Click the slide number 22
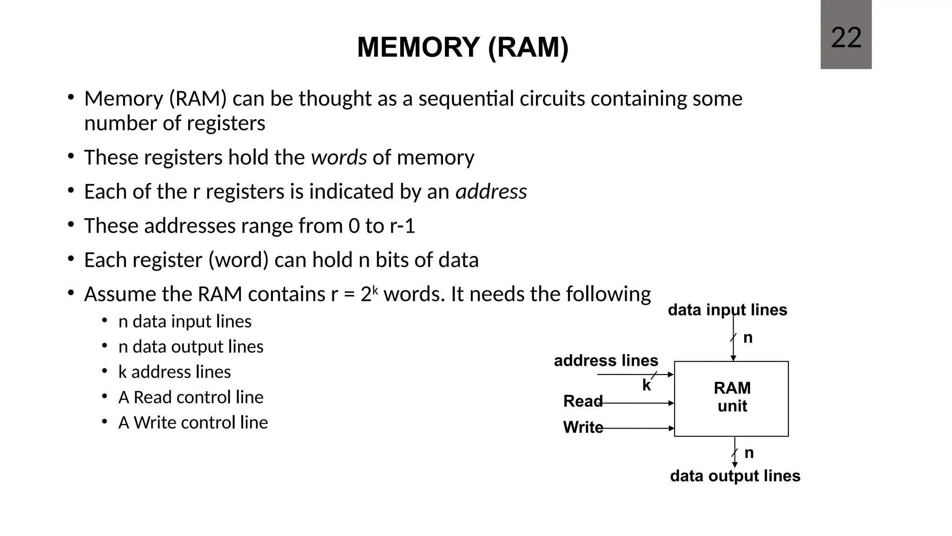click(846, 37)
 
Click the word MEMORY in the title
click(418, 47)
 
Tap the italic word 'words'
click(339, 157)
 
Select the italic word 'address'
click(491, 191)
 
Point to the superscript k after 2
click(376, 289)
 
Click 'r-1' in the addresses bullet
click(402, 226)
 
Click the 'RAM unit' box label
click(732, 397)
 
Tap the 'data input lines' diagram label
click(727, 310)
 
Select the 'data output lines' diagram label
click(735, 476)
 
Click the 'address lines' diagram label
click(606, 361)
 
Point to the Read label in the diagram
click(582, 401)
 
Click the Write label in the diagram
click(582, 427)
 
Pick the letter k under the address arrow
click(646, 385)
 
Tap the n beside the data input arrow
click(747, 337)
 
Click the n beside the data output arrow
click(749, 453)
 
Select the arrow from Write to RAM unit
click(637, 428)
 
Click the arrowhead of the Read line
click(671, 403)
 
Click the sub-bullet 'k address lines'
click(174, 372)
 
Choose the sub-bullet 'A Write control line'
click(193, 422)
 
